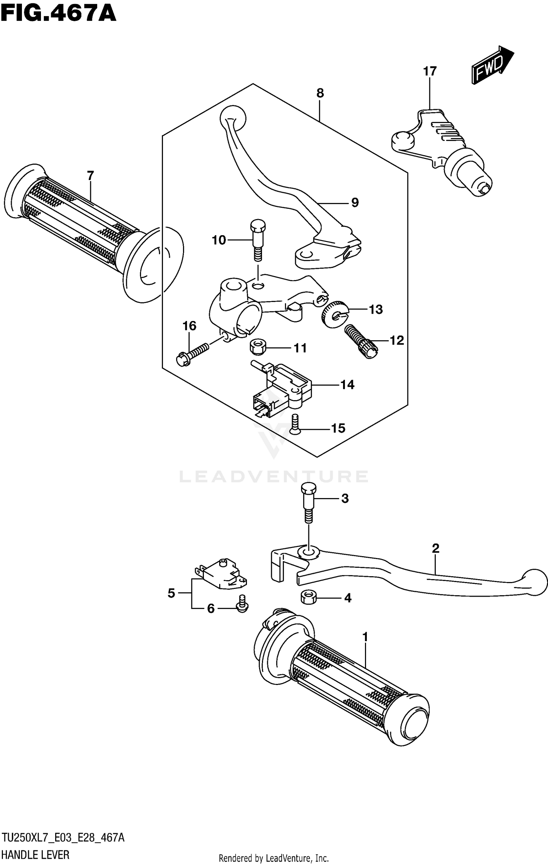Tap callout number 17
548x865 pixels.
click(x=430, y=71)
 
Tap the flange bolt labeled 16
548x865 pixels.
click(x=191, y=353)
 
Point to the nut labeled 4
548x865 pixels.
click(x=309, y=598)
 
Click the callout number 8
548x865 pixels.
click(x=320, y=93)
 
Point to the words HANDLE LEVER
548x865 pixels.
click(x=35, y=855)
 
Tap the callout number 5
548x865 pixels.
click(x=171, y=593)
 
